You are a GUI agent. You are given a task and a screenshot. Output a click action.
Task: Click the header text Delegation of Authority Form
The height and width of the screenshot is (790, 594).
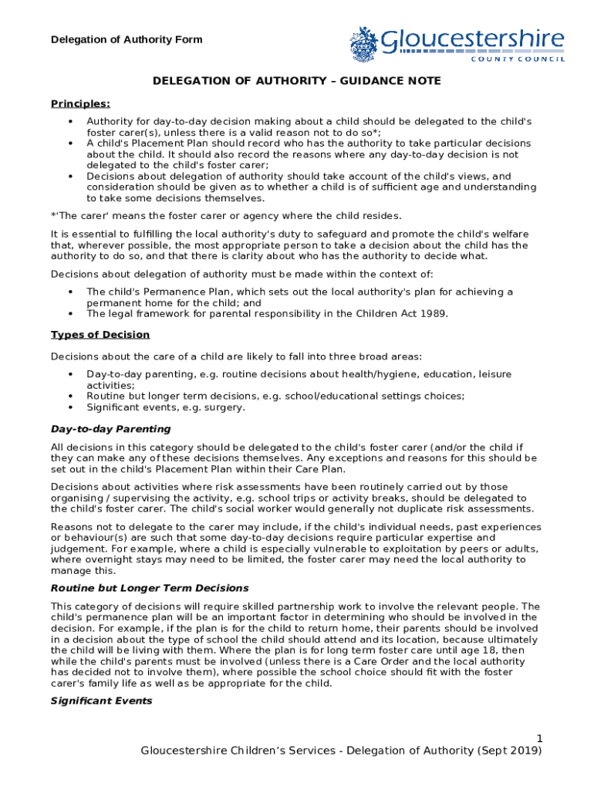[x=127, y=39]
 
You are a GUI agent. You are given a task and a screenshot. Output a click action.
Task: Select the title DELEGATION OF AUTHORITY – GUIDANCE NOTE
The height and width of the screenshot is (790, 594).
[x=296, y=81]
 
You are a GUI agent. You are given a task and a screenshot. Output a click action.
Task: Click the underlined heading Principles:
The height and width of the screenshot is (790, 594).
[x=80, y=103]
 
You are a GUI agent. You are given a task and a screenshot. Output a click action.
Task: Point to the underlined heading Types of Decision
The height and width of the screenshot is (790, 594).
[x=100, y=334]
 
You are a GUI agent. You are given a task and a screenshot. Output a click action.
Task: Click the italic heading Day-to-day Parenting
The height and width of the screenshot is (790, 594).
[x=110, y=428]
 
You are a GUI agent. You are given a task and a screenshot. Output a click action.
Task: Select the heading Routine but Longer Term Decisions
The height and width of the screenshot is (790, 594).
[x=150, y=588]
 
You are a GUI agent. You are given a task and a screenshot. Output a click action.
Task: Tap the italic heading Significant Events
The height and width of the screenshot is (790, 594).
[x=101, y=701]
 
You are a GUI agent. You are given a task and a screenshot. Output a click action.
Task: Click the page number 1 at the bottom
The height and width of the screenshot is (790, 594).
[x=538, y=738]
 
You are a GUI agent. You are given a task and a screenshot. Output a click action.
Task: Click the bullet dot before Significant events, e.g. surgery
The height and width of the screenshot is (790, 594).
[x=71, y=407]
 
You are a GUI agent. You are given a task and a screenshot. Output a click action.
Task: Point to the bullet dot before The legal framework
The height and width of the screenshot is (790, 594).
[x=71, y=313]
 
